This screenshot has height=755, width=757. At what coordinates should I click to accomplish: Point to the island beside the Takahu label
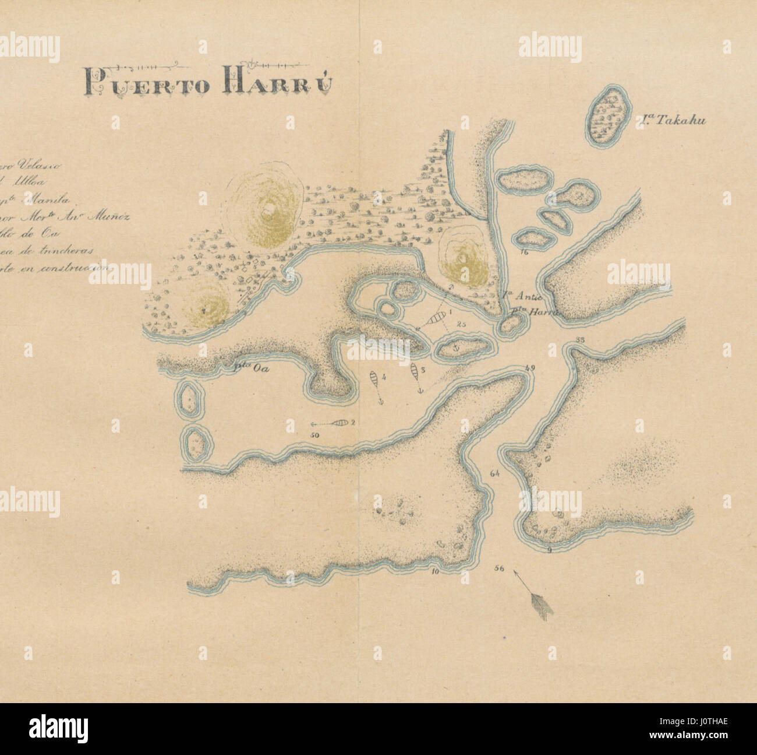point(609,118)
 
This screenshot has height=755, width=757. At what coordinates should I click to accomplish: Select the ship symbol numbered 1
point(436,318)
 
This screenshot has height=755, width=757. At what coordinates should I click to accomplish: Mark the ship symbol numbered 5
point(415,371)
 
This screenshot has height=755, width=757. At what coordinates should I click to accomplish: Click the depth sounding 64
point(496,474)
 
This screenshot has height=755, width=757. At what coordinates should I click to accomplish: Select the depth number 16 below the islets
point(525,252)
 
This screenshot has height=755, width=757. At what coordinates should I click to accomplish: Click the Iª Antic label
point(515,300)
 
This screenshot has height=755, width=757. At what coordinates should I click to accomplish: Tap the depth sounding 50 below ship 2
point(316,435)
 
